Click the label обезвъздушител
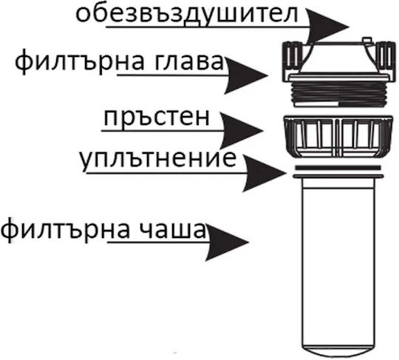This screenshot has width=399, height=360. [x=186, y=15]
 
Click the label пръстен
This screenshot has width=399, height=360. [x=157, y=118]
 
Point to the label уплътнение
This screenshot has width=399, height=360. [x=158, y=160]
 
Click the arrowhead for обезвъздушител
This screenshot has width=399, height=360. [x=328, y=27]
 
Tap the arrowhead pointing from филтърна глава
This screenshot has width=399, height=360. [x=246, y=75]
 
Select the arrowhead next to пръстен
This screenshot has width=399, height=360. [x=241, y=131]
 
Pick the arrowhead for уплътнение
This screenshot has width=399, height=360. [x=264, y=173]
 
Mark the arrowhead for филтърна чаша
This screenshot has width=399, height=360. [x=227, y=242]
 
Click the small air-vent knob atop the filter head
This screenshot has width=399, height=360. [x=366, y=40]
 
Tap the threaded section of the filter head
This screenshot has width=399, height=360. [x=338, y=94]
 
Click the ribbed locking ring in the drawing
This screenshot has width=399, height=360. [x=338, y=137]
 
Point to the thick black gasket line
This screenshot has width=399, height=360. [x=338, y=168]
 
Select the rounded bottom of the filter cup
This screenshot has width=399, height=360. [x=338, y=353]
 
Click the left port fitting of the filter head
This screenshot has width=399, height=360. [x=293, y=60]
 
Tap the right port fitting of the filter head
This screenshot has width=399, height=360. [x=385, y=59]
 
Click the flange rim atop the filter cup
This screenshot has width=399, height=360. [x=338, y=176]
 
